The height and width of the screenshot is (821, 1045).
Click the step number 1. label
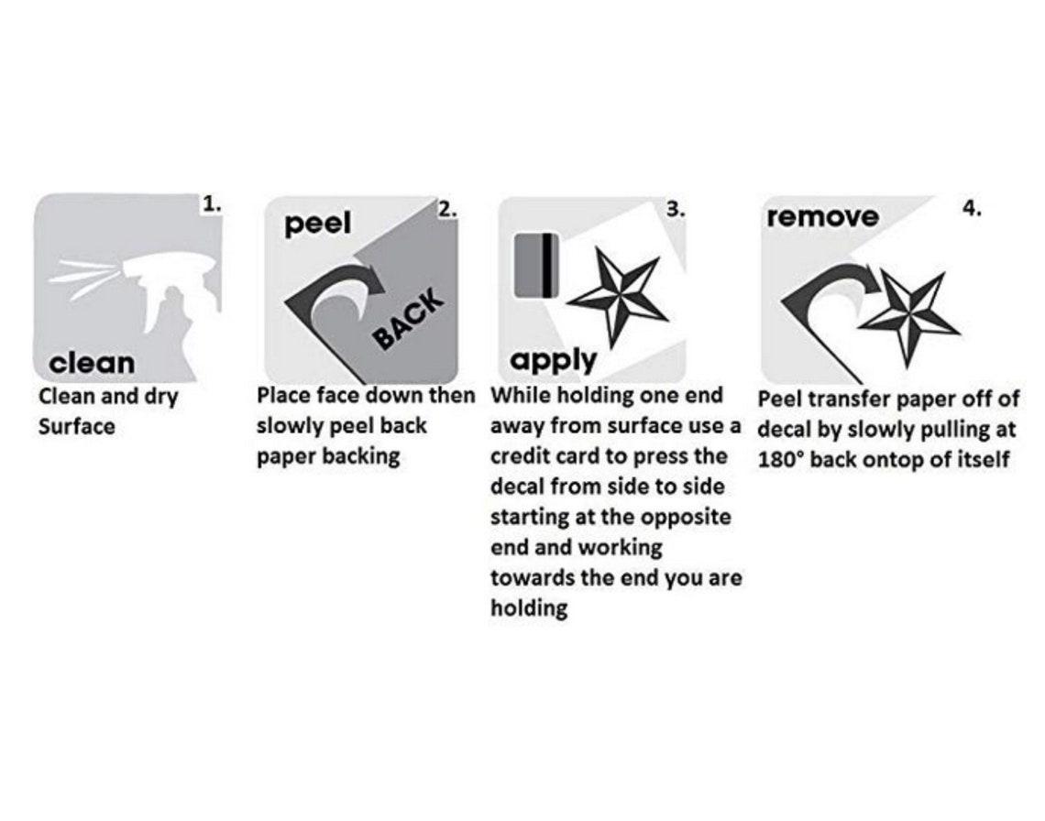[212, 205]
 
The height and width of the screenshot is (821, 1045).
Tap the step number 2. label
[446, 209]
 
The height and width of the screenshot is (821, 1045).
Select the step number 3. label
[676, 208]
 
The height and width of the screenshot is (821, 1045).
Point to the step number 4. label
[972, 208]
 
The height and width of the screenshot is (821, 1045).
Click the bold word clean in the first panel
[92, 363]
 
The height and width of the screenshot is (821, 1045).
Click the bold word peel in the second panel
[317, 224]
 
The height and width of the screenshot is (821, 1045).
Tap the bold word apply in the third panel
[553, 359]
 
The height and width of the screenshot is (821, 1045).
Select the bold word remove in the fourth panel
[822, 218]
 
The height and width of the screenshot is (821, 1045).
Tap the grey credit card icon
[536, 266]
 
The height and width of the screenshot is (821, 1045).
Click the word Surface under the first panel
[77, 427]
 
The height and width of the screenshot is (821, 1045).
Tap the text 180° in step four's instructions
[781, 460]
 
